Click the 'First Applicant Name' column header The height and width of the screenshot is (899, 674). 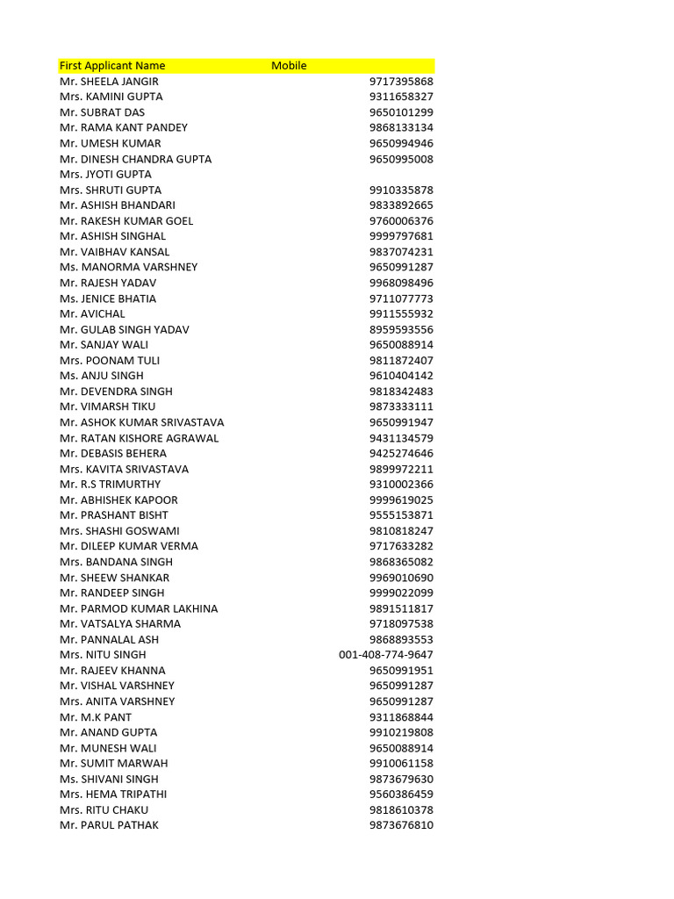[x=112, y=66]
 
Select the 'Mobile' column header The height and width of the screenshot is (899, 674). [x=289, y=66]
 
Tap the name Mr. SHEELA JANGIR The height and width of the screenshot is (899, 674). [x=109, y=82]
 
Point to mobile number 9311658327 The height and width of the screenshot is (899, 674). [x=401, y=97]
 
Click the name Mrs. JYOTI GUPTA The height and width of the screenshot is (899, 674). [x=105, y=174]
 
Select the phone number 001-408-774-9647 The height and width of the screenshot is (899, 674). [x=385, y=655]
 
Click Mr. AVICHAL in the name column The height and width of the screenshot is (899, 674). [x=92, y=313]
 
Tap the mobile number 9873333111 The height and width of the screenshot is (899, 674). [x=401, y=406]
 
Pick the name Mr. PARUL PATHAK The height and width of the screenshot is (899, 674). [x=109, y=825]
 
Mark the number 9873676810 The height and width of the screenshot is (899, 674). [x=401, y=825]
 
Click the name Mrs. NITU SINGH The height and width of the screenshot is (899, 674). [x=103, y=655]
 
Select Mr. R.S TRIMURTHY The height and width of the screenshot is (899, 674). [x=111, y=484]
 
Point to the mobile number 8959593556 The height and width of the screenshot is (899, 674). [x=401, y=329]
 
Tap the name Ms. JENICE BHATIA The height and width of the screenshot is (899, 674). [x=108, y=298]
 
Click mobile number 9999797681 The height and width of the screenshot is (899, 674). [x=401, y=236]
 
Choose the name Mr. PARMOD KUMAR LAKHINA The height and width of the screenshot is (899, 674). [x=139, y=608]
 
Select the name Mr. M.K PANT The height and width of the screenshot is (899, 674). [x=96, y=717]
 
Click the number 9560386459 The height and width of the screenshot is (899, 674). [x=401, y=795]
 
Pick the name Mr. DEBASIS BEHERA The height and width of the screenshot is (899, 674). [x=112, y=453]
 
